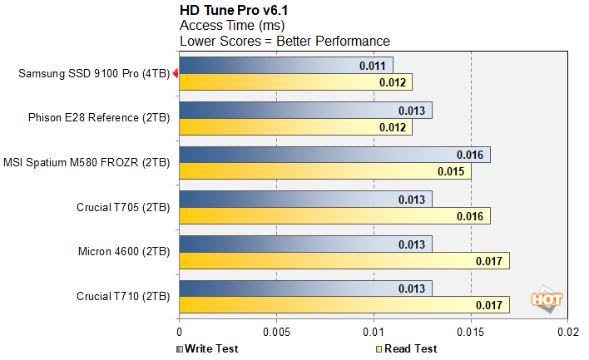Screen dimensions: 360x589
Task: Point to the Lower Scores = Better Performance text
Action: click(285, 41)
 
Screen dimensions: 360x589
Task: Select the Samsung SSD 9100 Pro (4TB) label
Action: click(93, 73)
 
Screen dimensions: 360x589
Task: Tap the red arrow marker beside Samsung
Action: click(174, 73)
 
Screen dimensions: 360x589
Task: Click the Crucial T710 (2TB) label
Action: click(123, 296)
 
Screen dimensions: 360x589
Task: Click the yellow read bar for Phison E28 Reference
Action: click(283, 127)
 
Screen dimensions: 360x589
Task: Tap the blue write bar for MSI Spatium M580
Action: click(316, 155)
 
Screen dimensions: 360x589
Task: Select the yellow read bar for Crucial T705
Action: click(316, 217)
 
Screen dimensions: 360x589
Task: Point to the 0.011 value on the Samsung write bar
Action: click(372, 65)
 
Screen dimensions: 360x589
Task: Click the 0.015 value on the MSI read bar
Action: click(450, 172)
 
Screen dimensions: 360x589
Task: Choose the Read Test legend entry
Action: click(407, 348)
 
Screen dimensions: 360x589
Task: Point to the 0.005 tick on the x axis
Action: click(276, 331)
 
